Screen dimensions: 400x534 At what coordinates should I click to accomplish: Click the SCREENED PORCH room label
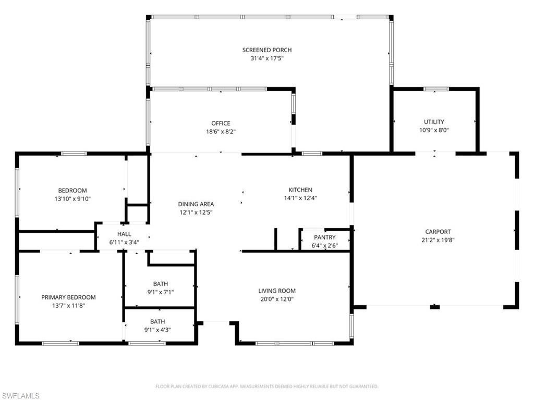266,50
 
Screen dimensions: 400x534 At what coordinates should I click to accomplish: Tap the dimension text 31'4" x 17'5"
266,58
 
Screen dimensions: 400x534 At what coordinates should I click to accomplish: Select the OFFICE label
221,123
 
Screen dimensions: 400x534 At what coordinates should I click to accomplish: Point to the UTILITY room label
434,122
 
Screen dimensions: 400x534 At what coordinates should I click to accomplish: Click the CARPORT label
438,232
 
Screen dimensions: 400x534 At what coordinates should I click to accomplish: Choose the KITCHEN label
300,190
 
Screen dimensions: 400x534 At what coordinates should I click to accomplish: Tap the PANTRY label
324,238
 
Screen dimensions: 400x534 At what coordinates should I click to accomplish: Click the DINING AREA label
196,204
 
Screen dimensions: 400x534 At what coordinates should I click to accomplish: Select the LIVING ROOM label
277,291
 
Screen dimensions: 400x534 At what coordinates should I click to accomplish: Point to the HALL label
124,234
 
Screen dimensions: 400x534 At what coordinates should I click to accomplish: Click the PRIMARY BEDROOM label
68,297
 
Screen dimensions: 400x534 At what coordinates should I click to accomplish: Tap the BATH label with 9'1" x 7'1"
160,284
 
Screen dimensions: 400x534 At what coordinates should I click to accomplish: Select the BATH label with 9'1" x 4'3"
157,321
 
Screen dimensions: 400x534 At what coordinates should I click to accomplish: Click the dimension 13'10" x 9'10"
72,198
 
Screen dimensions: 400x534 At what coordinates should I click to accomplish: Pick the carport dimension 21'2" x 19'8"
438,240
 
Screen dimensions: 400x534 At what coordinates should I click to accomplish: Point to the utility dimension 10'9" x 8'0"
434,130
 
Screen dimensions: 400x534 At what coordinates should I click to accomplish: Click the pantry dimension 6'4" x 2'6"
324,245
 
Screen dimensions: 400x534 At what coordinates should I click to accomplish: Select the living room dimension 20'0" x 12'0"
277,299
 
